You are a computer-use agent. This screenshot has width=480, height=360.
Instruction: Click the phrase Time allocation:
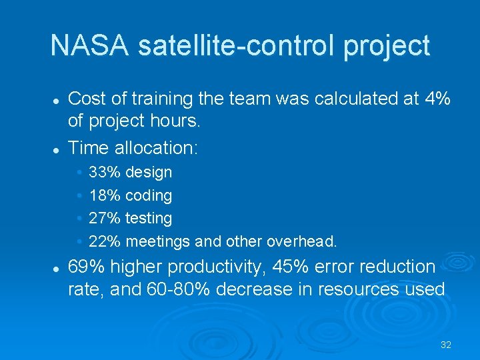[x=133, y=148]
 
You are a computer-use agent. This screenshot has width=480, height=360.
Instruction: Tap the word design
[x=149, y=173]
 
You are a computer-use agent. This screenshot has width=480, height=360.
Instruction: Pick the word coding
[x=149, y=196]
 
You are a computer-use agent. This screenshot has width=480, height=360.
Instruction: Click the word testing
[x=149, y=219]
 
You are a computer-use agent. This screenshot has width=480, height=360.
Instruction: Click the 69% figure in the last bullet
[x=87, y=267]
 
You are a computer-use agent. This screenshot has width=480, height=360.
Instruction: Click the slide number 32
[x=446, y=345]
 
